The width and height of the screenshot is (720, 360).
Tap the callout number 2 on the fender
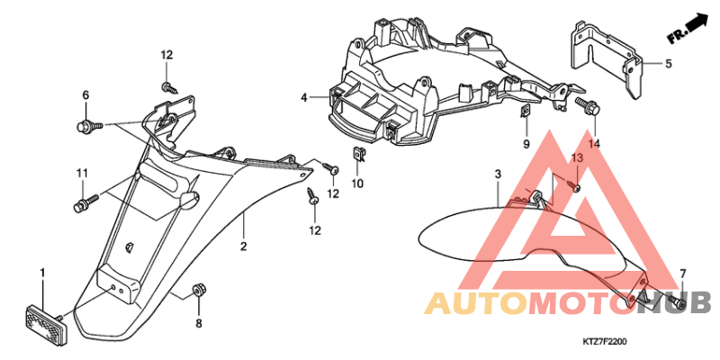click(243, 246)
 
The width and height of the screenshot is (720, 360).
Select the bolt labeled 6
click(88, 126)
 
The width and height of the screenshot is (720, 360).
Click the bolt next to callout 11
click(85, 203)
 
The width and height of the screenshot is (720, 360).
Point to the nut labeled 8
click(199, 290)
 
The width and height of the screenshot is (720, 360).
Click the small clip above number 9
click(526, 111)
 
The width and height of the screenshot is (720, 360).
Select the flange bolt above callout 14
click(587, 105)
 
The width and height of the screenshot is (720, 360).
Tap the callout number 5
click(668, 63)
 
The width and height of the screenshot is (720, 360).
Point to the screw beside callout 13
click(575, 187)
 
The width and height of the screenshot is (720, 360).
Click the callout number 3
click(498, 175)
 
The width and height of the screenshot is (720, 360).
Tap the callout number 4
click(303, 97)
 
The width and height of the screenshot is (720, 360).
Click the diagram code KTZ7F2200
click(605, 342)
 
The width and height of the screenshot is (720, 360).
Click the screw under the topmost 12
click(170, 87)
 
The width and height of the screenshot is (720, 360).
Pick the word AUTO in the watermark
click(476, 303)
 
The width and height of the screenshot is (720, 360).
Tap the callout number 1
click(42, 274)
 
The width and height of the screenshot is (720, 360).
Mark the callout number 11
click(82, 173)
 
